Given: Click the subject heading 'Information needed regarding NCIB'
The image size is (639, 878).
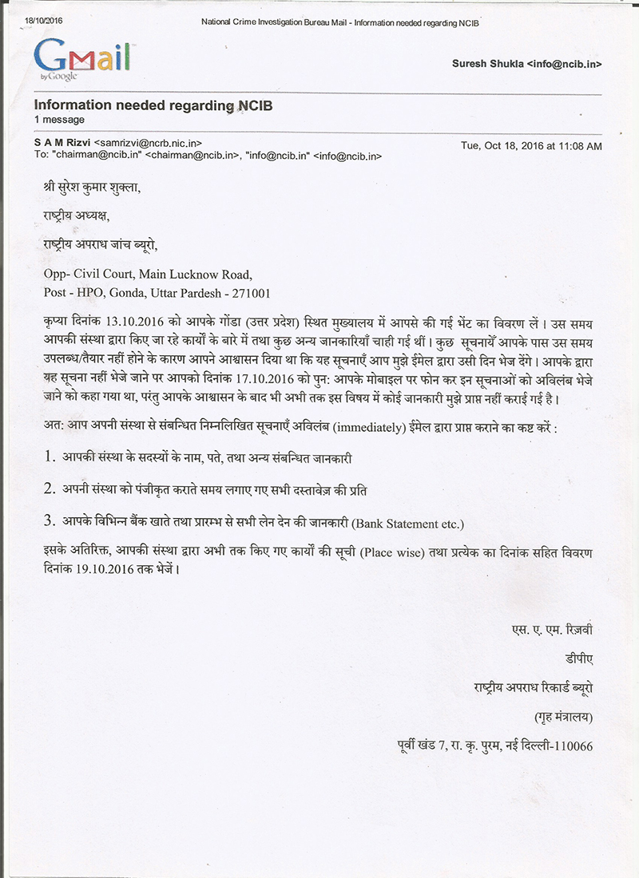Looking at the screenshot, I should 147,105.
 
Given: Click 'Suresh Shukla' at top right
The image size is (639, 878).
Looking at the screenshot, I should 486,63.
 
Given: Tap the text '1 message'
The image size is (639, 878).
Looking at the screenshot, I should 59,119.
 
